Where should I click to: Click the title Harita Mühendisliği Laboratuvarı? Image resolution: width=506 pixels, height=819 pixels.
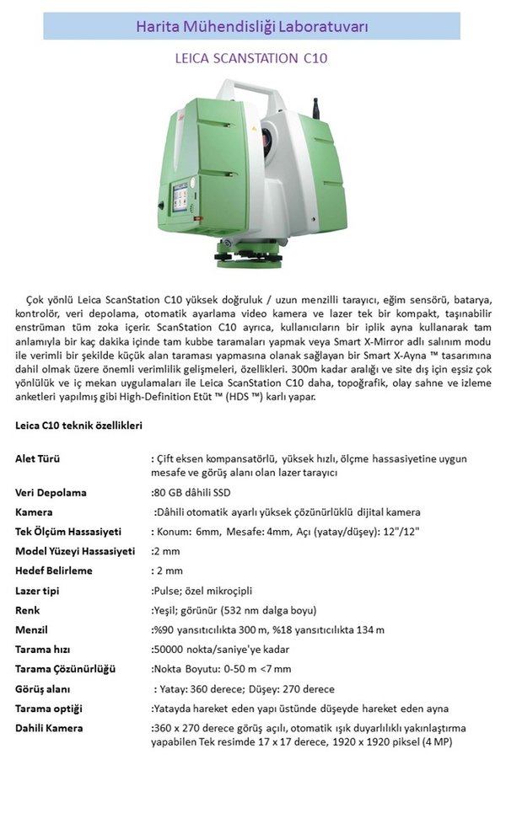251,26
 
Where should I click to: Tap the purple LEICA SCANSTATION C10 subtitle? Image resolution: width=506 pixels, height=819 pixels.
251,59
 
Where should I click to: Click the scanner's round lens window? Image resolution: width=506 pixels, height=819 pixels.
270,131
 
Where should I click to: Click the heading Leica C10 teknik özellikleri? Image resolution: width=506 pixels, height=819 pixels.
78,426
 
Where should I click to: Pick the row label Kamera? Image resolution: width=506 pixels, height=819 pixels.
35,511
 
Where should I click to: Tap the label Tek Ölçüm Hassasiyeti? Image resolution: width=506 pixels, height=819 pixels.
68,532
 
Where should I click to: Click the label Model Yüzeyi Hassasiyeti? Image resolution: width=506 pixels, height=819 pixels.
75,551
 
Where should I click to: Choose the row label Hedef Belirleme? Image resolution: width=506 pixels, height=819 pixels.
54,570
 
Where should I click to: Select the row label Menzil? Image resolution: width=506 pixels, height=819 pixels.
31,629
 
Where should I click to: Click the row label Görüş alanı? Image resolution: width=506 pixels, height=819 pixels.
43,688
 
